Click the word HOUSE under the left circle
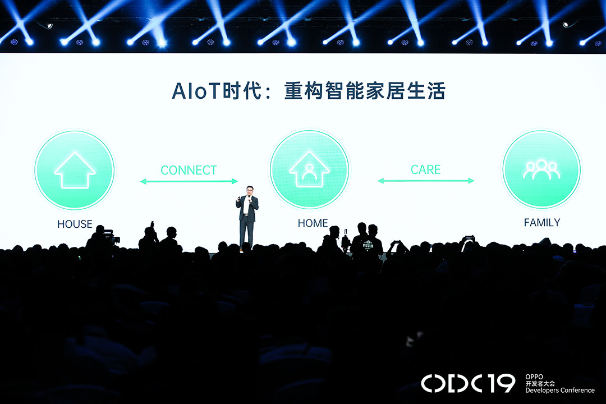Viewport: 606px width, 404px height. tap(75, 224)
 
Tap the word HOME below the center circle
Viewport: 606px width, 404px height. tap(313, 223)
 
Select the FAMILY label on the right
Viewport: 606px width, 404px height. tap(542, 223)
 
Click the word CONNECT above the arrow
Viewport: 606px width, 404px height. tap(189, 170)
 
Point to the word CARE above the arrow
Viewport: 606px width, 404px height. tap(425, 169)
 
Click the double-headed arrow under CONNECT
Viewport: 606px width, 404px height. tap(189, 181)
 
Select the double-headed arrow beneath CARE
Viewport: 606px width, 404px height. tap(425, 181)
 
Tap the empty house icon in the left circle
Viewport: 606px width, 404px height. tap(75, 170)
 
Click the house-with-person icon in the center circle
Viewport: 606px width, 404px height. tap(309, 169)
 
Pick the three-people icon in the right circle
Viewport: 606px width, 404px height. tap(541, 169)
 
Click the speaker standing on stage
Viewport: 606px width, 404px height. tap(246, 218)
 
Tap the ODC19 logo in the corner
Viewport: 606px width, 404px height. tap(468, 383)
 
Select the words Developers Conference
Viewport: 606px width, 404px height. tap(560, 391)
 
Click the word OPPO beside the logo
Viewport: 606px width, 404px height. tap(534, 377)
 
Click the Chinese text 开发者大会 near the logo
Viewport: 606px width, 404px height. tap(540, 383)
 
